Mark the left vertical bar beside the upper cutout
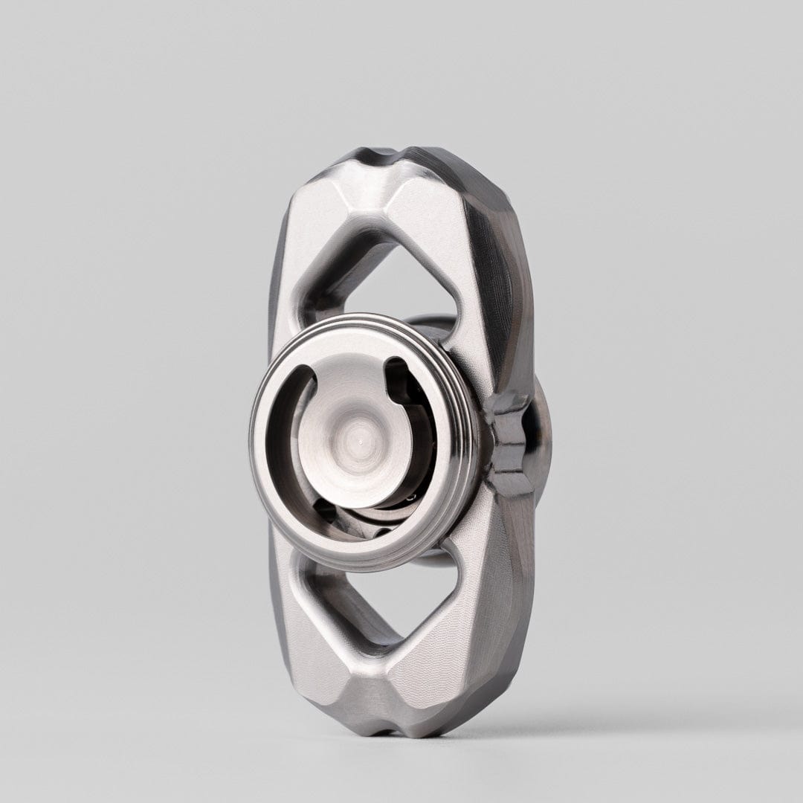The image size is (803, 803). coord(294,297)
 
